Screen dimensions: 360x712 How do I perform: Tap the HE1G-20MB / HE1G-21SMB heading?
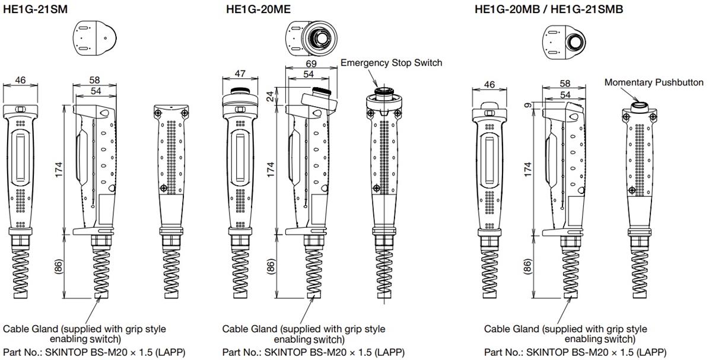pyautogui.click(x=549, y=9)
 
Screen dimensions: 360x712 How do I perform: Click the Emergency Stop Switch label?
pyautogui.click(x=392, y=62)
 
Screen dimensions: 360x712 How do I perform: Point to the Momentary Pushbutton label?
pyautogui.click(x=654, y=82)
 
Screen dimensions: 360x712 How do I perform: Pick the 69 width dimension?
pyautogui.click(x=311, y=63)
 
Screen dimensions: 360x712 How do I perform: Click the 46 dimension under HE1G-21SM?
pyautogui.click(x=20, y=80)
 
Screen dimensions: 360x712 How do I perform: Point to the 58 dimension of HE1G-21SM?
pyautogui.click(x=94, y=80)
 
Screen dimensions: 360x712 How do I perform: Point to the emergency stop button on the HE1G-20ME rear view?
pyautogui.click(x=385, y=93)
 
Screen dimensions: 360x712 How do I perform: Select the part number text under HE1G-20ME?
pyautogui.click(x=313, y=352)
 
